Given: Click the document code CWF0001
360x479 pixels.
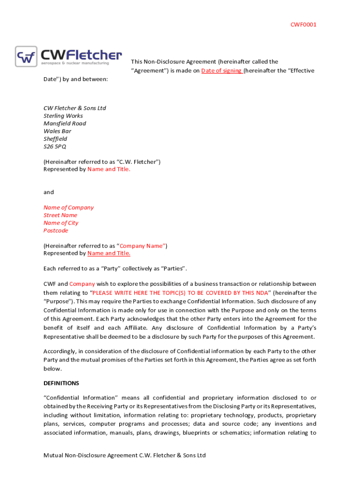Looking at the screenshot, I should (x=303, y=24).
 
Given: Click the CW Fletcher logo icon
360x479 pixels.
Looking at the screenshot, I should (x=26, y=57).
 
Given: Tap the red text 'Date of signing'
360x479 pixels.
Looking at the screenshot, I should (x=221, y=71).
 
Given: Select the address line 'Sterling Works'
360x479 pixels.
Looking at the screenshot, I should (x=63, y=116).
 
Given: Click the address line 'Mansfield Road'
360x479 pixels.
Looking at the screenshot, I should (x=65, y=123).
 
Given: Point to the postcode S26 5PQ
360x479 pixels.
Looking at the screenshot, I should (x=55, y=146).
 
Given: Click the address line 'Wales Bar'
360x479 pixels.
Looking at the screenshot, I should (x=57, y=131).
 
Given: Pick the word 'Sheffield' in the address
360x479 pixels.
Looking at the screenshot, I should (x=55, y=139).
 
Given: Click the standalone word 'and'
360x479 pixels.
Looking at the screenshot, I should (x=49, y=192).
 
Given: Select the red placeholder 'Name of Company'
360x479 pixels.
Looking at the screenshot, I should (x=68, y=207).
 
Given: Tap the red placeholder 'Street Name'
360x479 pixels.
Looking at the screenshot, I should (x=60, y=215).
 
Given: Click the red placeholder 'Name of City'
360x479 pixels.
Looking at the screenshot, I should (x=61, y=223).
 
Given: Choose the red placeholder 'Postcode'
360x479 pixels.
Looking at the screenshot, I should (x=56, y=231).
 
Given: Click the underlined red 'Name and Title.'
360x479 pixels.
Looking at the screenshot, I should (x=109, y=253).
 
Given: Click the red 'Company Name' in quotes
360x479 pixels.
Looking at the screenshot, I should (x=142, y=246).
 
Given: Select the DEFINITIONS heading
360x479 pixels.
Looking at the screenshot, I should (x=61, y=383).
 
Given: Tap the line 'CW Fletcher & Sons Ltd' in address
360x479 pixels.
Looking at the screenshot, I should (x=75, y=108).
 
